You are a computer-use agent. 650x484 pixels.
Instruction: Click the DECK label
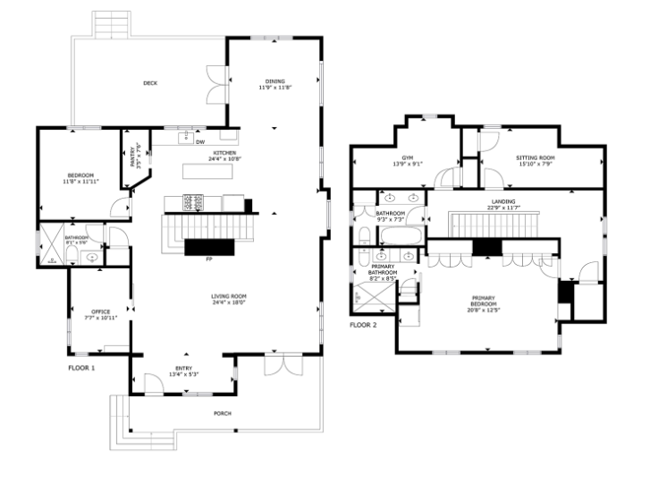pos(150,83)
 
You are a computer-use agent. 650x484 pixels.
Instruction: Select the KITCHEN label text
pos(224,155)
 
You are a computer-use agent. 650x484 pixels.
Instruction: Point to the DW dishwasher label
pos(200,141)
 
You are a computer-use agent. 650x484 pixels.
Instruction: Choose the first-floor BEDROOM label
pos(80,177)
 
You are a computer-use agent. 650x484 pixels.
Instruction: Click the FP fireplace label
pos(208,259)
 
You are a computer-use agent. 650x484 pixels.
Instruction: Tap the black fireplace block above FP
pos(210,246)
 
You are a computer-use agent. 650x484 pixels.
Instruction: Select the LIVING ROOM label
pos(229,299)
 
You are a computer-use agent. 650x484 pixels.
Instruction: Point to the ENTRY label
pos(183,370)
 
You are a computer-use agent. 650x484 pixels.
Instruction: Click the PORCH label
pos(223,413)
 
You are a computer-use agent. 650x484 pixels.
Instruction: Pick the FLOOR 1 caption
pos(81,368)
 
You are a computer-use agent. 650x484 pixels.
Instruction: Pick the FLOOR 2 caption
pos(363,325)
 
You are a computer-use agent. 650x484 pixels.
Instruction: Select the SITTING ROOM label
pos(535,160)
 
